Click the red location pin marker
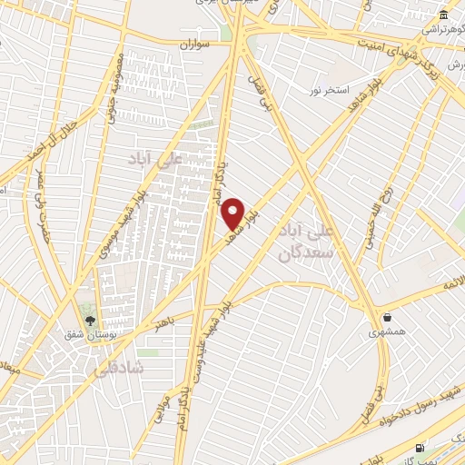[233, 213]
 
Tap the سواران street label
[193, 43]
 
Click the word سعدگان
[301, 255]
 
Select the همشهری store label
[388, 333]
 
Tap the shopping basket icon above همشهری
[388, 318]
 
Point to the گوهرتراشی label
[442, 30]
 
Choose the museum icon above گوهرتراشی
[442, 15]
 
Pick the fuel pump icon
[419, 447]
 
